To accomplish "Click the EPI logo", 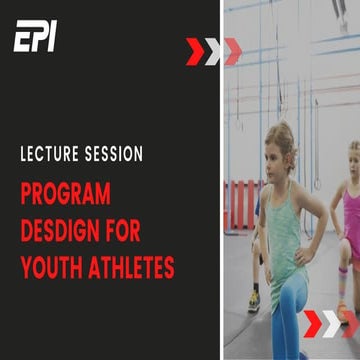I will [x=35, y=37].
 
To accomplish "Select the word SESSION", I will [x=113, y=155].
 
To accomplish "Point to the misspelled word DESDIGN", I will [x=61, y=229].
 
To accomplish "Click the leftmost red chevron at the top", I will [x=194, y=51].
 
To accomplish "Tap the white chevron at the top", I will [x=212, y=51].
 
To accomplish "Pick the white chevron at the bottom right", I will [x=330, y=323].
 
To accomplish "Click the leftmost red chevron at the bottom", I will [x=312, y=323].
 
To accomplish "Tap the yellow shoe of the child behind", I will [x=254, y=301].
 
